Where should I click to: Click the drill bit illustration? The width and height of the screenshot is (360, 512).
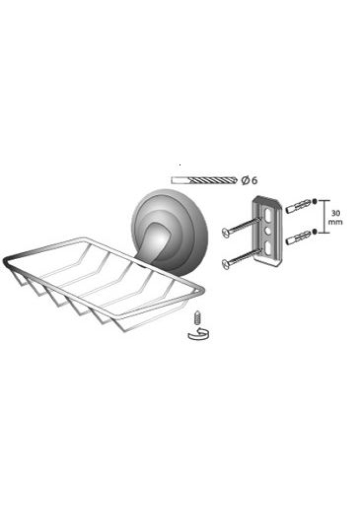coord(204,180)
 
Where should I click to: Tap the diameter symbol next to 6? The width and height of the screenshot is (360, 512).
coord(245,180)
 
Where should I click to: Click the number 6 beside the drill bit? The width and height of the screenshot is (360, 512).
coord(254,180)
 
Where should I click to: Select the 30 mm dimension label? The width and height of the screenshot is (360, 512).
coord(336,218)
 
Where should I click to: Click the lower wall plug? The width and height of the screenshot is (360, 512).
coord(298,239)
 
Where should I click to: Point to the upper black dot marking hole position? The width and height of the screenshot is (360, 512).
coord(315,201)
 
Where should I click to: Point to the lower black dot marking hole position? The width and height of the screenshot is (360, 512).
coord(314,231)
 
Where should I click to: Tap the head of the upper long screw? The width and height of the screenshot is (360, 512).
coord(226,232)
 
